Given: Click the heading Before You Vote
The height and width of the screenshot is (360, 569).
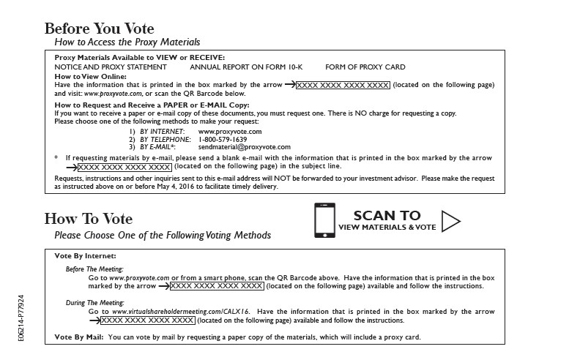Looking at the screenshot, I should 100,29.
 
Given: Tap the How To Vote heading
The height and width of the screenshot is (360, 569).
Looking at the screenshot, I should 89,219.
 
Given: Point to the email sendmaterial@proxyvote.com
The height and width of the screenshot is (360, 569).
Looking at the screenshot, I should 245,147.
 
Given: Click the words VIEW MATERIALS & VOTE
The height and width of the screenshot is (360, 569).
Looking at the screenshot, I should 387,228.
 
